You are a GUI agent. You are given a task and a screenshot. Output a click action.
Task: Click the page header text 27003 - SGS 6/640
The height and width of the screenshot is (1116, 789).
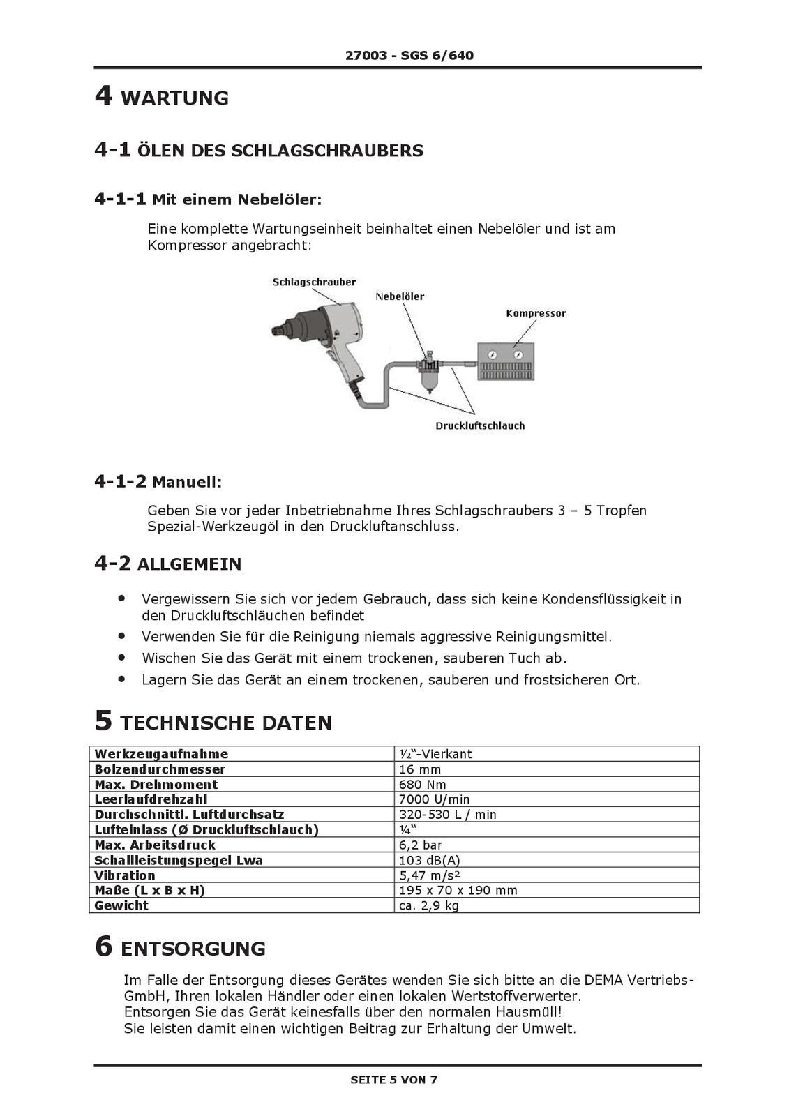(409, 55)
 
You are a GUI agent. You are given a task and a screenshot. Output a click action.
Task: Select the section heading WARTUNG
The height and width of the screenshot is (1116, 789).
(174, 98)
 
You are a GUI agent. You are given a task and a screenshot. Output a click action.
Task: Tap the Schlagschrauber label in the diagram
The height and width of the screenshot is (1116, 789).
(314, 282)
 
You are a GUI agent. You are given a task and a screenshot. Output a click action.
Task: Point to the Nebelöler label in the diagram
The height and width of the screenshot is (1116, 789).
(400, 296)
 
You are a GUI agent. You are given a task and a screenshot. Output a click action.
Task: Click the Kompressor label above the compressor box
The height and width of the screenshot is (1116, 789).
(536, 313)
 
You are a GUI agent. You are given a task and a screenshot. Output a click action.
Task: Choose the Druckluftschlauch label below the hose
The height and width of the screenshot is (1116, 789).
(480, 425)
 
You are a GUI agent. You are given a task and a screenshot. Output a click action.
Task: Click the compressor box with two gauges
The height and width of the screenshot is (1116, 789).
(506, 361)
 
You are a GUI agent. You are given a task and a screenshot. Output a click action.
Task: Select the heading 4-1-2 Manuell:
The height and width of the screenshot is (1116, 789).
(158, 481)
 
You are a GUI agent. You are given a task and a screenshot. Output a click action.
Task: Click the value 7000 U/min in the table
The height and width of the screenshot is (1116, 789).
(434, 799)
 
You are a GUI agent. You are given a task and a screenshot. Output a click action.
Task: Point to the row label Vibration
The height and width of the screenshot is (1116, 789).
(125, 875)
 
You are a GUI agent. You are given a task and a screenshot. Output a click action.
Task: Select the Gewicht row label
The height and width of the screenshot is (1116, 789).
(121, 905)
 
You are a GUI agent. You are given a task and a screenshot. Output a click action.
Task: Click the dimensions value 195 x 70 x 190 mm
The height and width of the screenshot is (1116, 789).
(458, 890)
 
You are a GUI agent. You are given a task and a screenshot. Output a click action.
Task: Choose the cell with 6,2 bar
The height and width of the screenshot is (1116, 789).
(421, 845)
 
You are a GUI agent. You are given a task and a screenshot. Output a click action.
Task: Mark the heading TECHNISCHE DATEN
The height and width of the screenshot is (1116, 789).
(226, 723)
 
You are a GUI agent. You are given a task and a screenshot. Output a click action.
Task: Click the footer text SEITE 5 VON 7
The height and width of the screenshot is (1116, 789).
(394, 1080)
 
